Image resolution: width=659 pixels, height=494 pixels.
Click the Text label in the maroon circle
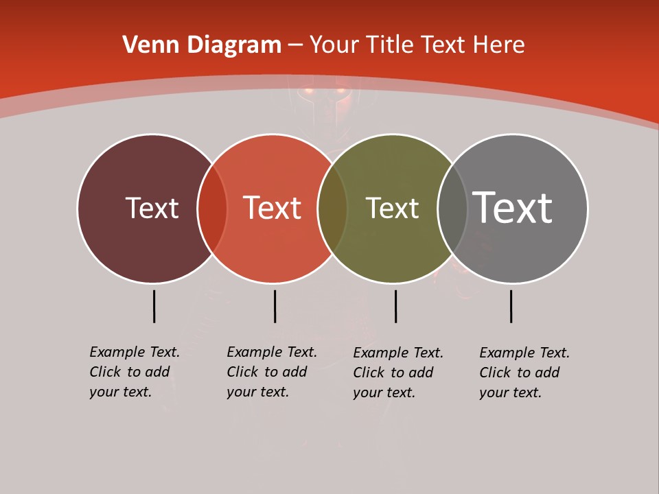click(152, 208)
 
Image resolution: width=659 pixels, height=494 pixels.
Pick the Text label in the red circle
click(272, 208)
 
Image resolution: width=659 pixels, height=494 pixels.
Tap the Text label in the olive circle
click(392, 208)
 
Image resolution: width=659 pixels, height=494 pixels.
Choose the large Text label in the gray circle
click(512, 208)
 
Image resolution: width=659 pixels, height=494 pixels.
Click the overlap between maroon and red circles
click(212, 208)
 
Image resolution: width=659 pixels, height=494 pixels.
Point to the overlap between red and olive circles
click(332, 208)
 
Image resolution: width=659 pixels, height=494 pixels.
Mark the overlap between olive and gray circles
click(452, 208)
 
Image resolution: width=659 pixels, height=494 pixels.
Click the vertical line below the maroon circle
click(154, 306)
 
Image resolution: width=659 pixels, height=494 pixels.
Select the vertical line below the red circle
click(275, 306)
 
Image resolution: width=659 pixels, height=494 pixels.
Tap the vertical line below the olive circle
click(395, 306)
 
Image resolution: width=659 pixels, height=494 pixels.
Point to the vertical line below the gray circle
click(511, 306)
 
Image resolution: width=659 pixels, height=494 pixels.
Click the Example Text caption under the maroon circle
click(135, 372)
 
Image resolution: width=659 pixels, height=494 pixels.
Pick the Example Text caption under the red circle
click(272, 372)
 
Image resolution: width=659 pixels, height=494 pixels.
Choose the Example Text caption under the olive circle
click(398, 373)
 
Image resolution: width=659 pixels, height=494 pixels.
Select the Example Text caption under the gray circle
click(524, 373)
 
